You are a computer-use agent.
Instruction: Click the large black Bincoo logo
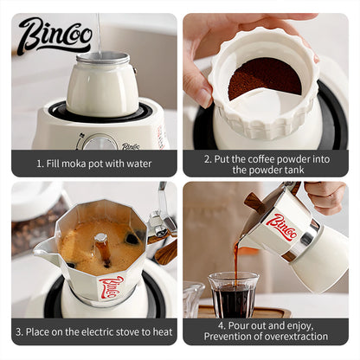pyautogui.click(x=55, y=36)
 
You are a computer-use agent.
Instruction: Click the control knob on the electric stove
pyautogui.click(x=98, y=142)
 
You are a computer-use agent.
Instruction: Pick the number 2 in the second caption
pyautogui.click(x=208, y=157)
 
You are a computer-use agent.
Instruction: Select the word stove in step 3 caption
pyautogui.click(x=129, y=331)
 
